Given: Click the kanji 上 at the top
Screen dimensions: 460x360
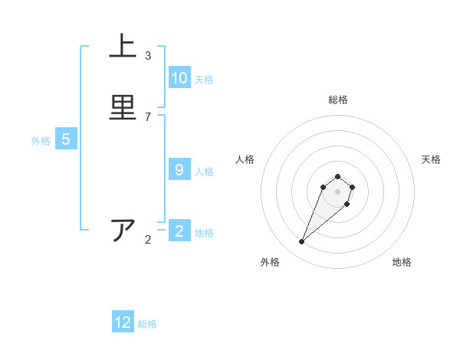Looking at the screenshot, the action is tap(123, 47).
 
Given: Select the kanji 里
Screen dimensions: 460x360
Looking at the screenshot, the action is tap(123, 107).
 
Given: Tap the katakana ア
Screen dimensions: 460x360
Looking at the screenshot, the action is tap(123, 231).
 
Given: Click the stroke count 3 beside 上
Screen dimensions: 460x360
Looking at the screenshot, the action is tap(148, 55).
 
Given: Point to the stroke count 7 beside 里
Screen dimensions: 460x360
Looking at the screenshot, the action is tap(148, 116).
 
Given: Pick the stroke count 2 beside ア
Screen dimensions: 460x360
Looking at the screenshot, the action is tap(148, 240).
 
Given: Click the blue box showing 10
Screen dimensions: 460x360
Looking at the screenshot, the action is tap(179, 78).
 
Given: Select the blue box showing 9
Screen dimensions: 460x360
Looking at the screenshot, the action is tap(179, 170).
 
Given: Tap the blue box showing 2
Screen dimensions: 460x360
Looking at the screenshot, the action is tap(179, 231).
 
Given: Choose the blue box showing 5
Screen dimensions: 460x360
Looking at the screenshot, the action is tap(66, 139).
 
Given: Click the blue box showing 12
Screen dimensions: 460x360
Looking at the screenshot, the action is tap(123, 322).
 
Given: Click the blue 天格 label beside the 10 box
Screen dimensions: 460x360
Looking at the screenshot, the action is tap(203, 79).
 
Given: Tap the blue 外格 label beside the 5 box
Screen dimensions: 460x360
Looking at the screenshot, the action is tap(40, 140).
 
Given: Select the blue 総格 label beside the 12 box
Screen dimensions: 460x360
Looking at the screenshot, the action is tap(147, 323).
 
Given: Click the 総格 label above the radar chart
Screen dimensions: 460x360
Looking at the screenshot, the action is tap(337, 100).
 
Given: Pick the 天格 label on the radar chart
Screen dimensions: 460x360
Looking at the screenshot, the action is tap(431, 159).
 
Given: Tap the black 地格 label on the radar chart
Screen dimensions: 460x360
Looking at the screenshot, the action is tap(402, 262).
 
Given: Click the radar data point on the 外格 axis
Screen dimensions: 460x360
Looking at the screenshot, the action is tap(302, 242).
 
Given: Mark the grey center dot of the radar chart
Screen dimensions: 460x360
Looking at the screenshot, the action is tap(337, 191).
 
